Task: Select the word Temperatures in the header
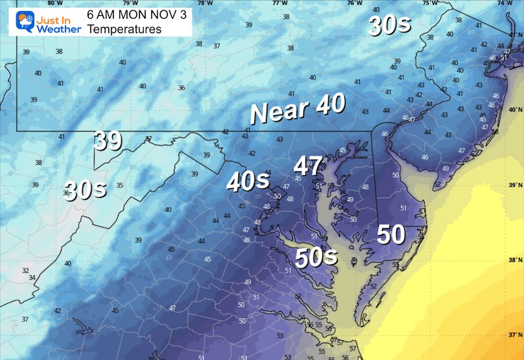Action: click(x=124, y=29)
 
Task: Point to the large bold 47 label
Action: click(x=308, y=166)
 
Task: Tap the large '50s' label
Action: click(x=316, y=257)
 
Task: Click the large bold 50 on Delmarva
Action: click(x=390, y=235)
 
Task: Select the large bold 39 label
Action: click(x=108, y=141)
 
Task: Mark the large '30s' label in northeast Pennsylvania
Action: click(x=390, y=26)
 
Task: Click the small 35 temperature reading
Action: click(x=120, y=185)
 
